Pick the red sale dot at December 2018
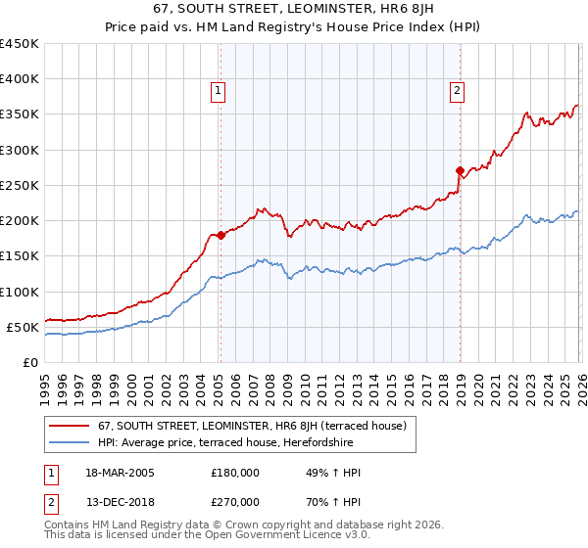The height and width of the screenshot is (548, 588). pyautogui.click(x=460, y=171)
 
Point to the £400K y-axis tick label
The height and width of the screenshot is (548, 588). pyautogui.click(x=20, y=79)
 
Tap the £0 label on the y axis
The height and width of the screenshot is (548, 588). pyautogui.click(x=31, y=362)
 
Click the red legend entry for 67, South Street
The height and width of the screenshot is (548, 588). pyautogui.click(x=258, y=426)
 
